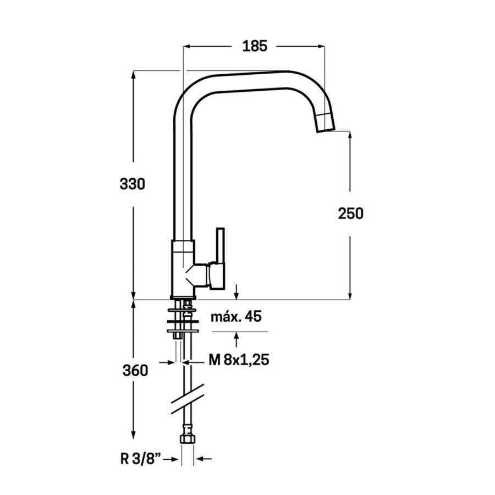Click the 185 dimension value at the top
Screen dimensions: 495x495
(x=255, y=46)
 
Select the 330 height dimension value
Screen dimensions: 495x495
(x=132, y=184)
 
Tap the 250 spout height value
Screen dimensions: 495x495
(x=350, y=213)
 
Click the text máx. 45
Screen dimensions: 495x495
(x=236, y=317)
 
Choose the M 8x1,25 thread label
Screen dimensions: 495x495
(x=239, y=361)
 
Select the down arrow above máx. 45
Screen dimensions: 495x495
(x=236, y=294)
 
